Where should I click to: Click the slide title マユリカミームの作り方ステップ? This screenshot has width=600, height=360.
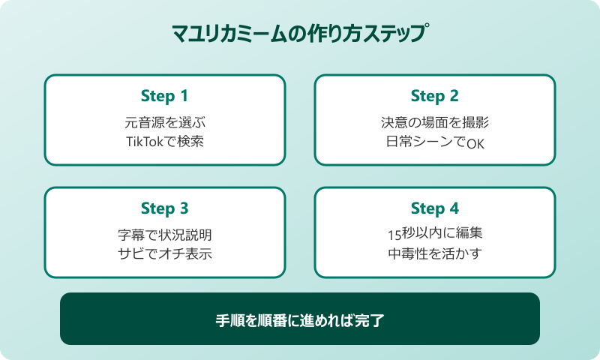[x=300, y=34]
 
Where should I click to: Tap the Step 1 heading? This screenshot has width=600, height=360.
[x=164, y=96]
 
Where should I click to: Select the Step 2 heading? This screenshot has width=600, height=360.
[x=434, y=96]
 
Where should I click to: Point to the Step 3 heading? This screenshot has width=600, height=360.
[x=164, y=208]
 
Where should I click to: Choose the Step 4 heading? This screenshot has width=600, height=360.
[x=434, y=208]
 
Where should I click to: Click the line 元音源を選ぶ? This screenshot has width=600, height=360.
[x=164, y=121]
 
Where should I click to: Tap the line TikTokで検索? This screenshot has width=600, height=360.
[x=164, y=141]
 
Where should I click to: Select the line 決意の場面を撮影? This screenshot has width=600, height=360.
[x=434, y=121]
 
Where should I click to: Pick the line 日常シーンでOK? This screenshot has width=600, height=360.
[x=434, y=142]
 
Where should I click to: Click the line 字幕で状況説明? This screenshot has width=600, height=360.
[x=164, y=234]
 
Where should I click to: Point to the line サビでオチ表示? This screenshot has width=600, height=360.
[x=164, y=253]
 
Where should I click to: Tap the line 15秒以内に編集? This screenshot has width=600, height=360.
[x=434, y=234]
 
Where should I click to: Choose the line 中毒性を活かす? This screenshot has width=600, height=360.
[x=434, y=253]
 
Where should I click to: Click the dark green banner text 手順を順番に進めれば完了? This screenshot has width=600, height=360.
[x=300, y=319]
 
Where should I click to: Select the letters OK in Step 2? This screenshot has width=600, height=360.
[x=475, y=142]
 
